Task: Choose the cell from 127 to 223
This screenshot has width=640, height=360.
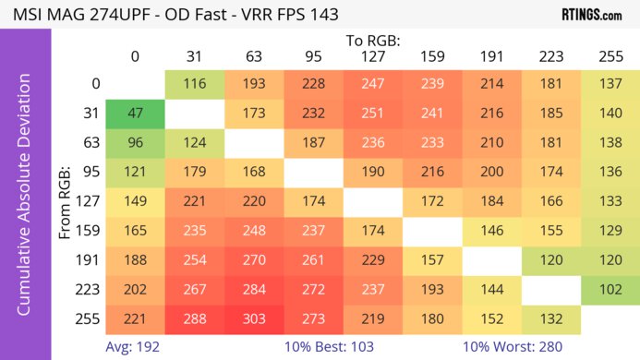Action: click(x=550, y=200)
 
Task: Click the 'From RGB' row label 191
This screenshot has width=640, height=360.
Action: click(x=90, y=258)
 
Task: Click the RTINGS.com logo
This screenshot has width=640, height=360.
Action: click(x=591, y=15)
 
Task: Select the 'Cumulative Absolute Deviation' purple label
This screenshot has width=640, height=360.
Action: click(x=25, y=201)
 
